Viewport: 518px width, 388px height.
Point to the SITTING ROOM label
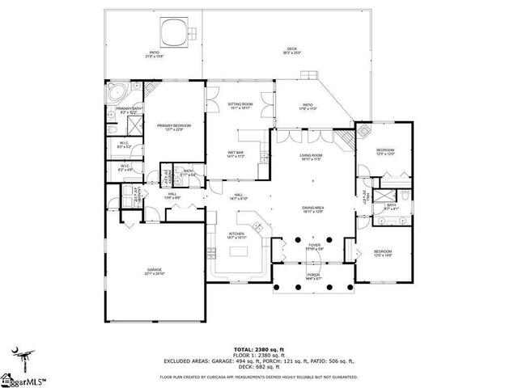point(240,105)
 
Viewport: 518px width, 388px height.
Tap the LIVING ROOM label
point(312,156)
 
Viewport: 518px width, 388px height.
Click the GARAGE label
point(154,271)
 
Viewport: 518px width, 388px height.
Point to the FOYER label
point(313,247)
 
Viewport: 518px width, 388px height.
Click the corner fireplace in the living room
point(346,140)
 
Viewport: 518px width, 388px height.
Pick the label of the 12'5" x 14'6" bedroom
point(383,253)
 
